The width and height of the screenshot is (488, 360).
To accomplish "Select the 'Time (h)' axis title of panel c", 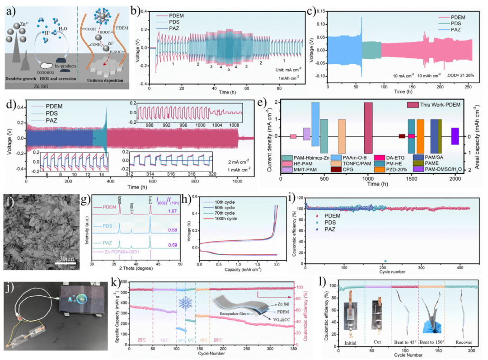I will [x=402, y=91].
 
